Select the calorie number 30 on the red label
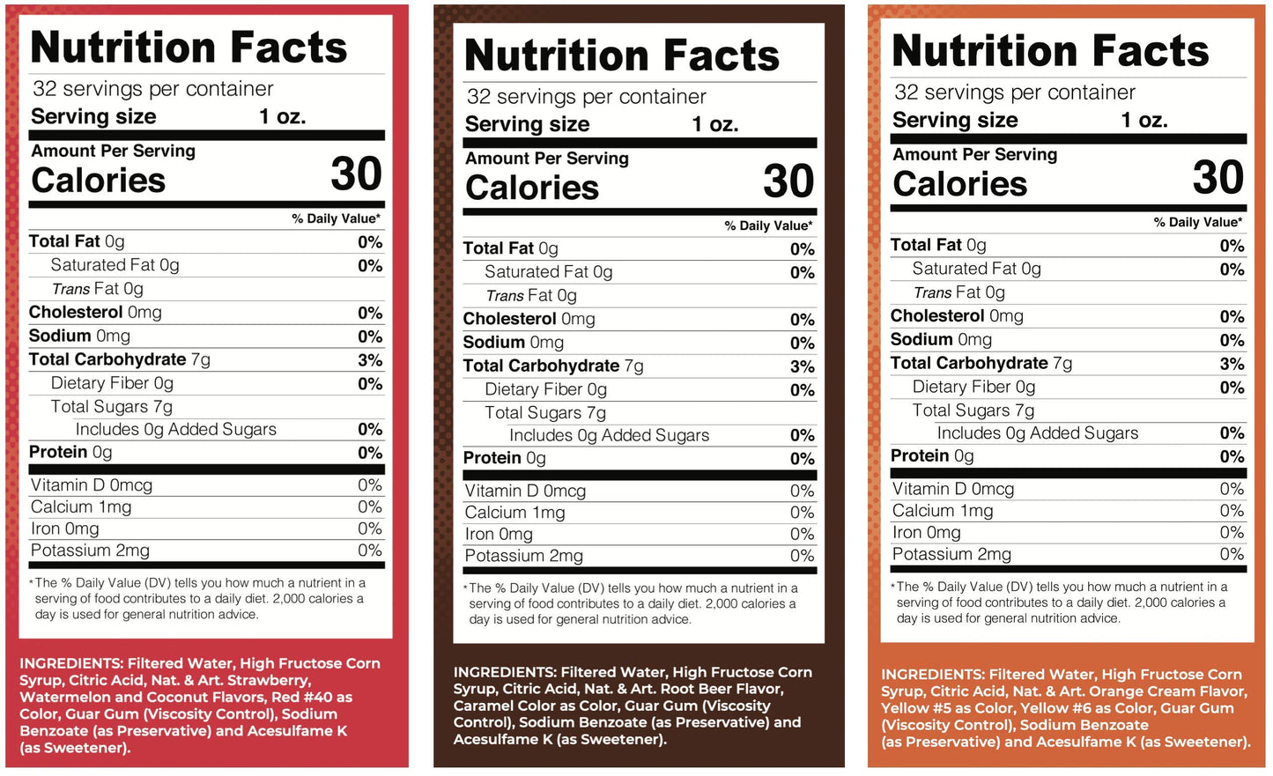coord(356,174)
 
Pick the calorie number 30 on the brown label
coord(788,181)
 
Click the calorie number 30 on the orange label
coord(1217,177)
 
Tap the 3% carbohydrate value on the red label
coord(370,360)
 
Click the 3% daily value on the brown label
coord(802,366)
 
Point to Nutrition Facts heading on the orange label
coord(1050,51)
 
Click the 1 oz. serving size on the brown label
coord(714,124)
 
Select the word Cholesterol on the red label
coord(76,313)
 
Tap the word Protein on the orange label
coord(920,456)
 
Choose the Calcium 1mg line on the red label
coord(81,507)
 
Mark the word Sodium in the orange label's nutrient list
coord(921,340)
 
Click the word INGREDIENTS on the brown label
coord(504,672)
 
